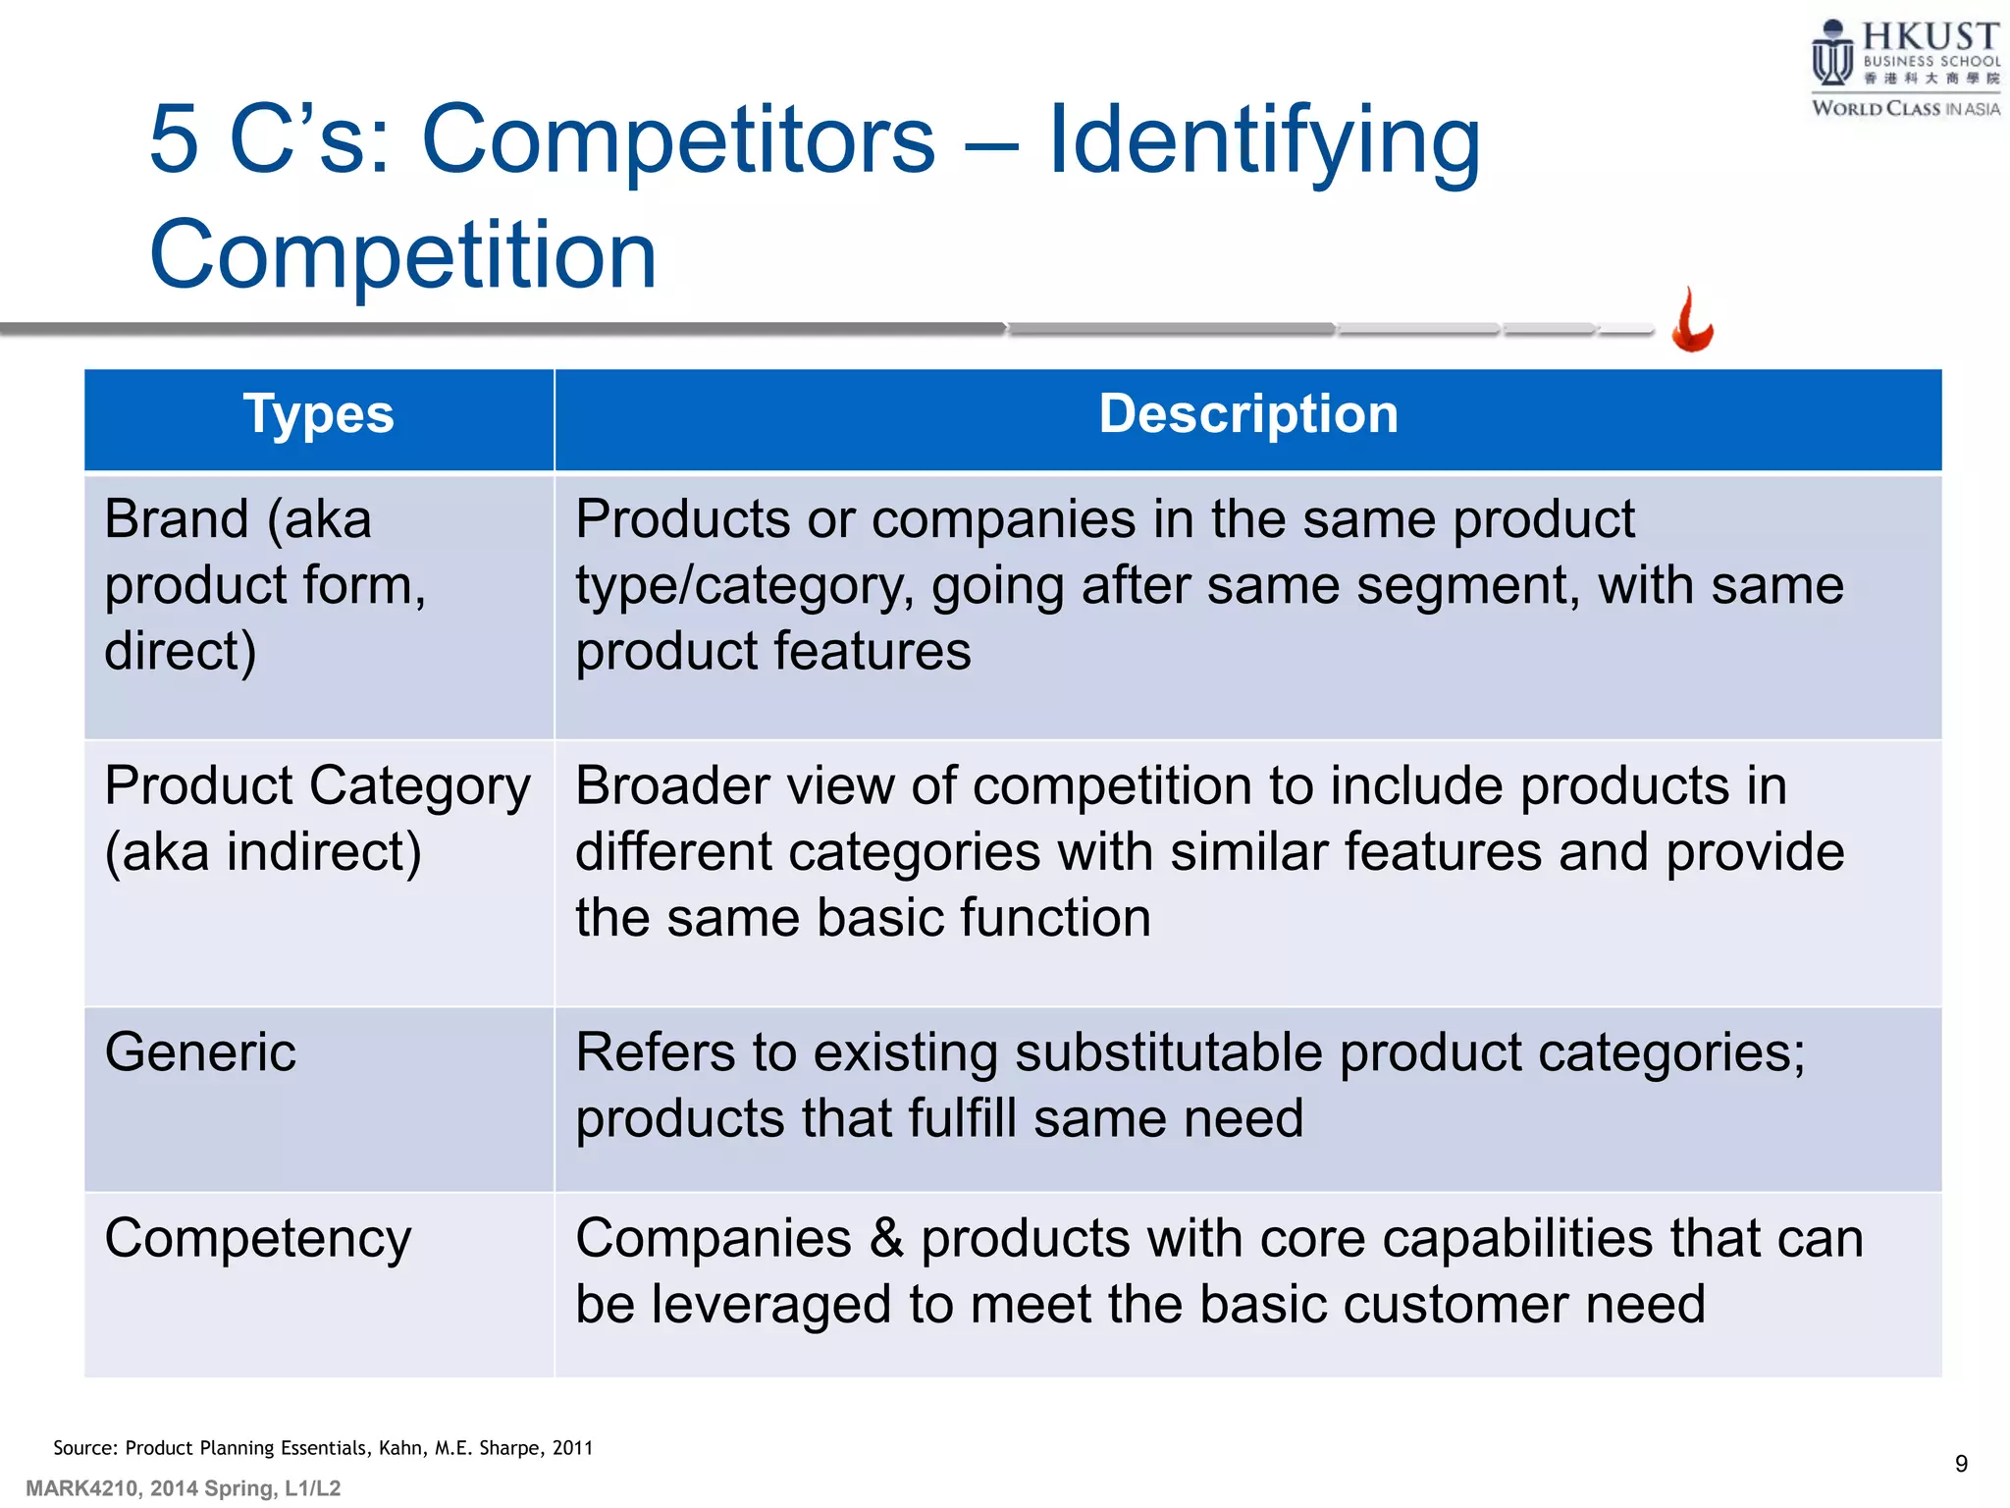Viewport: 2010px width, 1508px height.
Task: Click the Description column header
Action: tap(1247, 414)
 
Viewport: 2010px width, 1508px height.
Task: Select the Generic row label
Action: tap(200, 1052)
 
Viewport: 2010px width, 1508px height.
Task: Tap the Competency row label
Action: tap(257, 1239)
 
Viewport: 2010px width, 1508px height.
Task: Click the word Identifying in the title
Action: tap(1264, 140)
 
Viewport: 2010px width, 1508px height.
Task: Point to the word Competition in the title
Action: tap(402, 255)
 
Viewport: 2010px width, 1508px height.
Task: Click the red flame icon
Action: tap(1692, 322)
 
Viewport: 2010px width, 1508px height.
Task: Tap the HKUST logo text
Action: tap(1930, 36)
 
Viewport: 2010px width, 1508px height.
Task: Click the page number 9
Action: tap(1960, 1464)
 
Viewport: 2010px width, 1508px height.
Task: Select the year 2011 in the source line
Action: tap(572, 1448)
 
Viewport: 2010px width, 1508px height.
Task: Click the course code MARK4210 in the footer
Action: tap(82, 1488)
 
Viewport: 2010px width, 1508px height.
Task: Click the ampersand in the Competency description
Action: tap(885, 1238)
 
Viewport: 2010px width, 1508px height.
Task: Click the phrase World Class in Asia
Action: tap(1905, 109)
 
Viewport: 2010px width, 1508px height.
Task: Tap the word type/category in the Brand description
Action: tap(744, 586)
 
